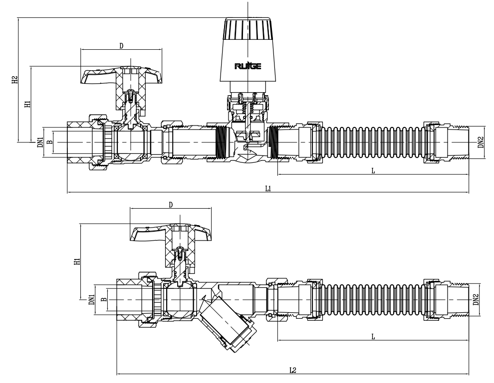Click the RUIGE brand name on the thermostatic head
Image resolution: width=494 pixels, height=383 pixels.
247,66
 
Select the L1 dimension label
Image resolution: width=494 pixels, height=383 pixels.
268,189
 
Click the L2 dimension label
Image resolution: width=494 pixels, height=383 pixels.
293,370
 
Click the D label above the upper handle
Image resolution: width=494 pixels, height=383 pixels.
121,45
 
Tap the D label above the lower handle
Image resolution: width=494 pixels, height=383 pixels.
170,205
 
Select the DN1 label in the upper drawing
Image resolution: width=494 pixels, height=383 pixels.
40,142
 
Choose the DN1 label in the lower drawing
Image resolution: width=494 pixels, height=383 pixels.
91,299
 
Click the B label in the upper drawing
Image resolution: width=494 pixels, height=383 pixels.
48,142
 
